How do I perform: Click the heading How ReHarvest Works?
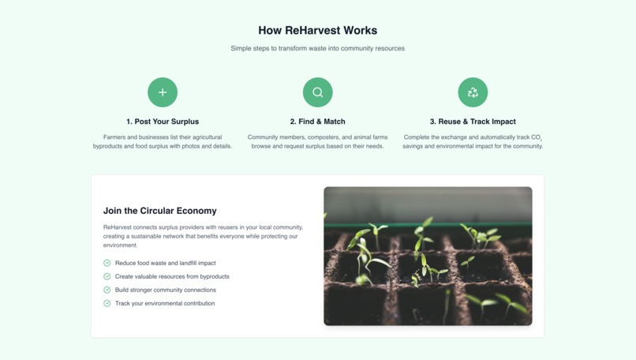pyautogui.click(x=317, y=31)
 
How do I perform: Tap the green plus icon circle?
pyautogui.click(x=163, y=92)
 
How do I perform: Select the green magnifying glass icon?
pyautogui.click(x=317, y=92)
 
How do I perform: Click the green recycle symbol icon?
pyautogui.click(x=473, y=92)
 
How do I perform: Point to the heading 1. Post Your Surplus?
pyautogui.click(x=163, y=122)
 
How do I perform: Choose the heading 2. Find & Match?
pyautogui.click(x=317, y=122)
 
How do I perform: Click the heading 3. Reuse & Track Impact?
pyautogui.click(x=473, y=122)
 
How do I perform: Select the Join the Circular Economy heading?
pyautogui.click(x=160, y=211)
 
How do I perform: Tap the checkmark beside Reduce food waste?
pyautogui.click(x=107, y=263)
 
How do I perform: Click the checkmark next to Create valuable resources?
pyautogui.click(x=107, y=276)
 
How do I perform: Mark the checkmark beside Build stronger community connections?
pyautogui.click(x=107, y=290)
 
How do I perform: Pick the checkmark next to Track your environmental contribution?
pyautogui.click(x=107, y=303)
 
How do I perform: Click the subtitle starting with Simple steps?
pyautogui.click(x=317, y=48)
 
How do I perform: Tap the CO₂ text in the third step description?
pyautogui.click(x=536, y=137)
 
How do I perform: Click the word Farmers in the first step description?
pyautogui.click(x=116, y=137)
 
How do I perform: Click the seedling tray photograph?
pyautogui.click(x=428, y=256)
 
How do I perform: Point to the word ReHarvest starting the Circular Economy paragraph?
pyautogui.click(x=118, y=227)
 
